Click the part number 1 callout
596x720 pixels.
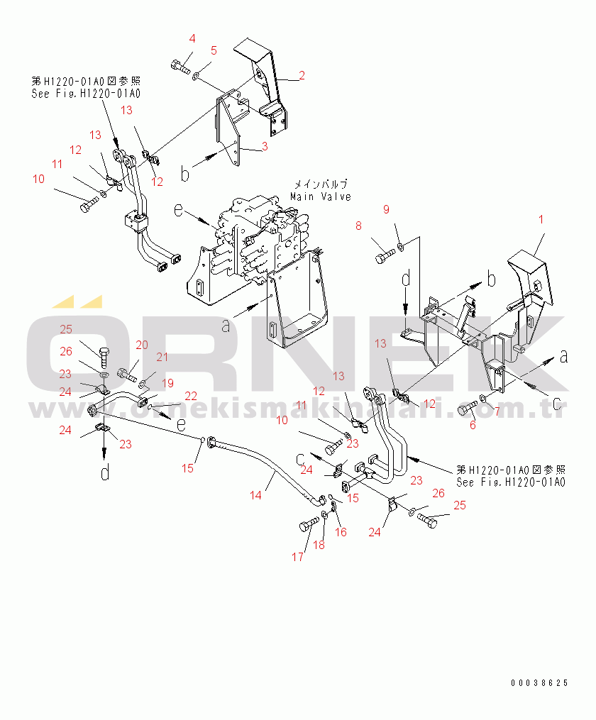pyautogui.click(x=541, y=220)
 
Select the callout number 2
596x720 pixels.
pyautogui.click(x=302, y=75)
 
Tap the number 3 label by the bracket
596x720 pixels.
pyautogui.click(x=265, y=147)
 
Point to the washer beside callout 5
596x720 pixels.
pyautogui.click(x=196, y=71)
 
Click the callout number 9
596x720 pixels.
pyautogui.click(x=387, y=209)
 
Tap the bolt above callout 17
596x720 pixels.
pyautogui.click(x=307, y=526)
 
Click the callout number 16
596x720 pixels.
pyautogui.click(x=341, y=532)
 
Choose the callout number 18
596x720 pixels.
pyautogui.click(x=319, y=544)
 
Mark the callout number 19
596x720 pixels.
pyautogui.click(x=167, y=384)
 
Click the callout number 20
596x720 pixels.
pyautogui.click(x=142, y=345)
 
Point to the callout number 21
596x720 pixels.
pyautogui.click(x=162, y=357)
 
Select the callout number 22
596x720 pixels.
pyautogui.click(x=192, y=395)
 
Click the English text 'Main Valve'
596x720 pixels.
pyautogui.click(x=321, y=196)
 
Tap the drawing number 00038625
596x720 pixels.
pyautogui.click(x=539, y=684)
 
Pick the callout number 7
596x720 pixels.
pyautogui.click(x=497, y=412)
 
